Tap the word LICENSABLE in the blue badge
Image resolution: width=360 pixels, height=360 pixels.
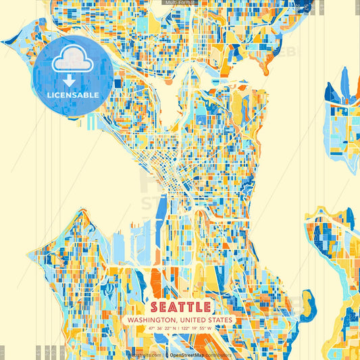[x=73, y=95]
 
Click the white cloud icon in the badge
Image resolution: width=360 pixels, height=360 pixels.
[x=72, y=61]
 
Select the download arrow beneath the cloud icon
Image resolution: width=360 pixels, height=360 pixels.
[x=72, y=80]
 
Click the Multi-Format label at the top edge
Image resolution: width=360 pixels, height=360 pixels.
[x=179, y=3]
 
